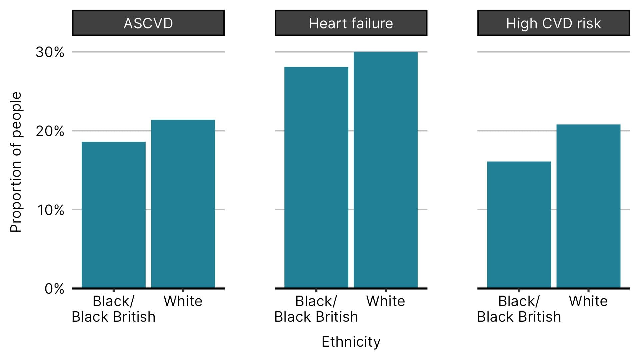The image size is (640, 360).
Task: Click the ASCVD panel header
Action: [148, 23]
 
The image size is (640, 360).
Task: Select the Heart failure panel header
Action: [351, 23]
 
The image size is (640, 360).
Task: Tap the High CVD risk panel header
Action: [553, 23]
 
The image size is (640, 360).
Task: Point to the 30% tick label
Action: [50, 52]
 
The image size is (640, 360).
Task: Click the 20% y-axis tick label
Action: [50, 131]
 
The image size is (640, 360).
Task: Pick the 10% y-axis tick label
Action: [50, 210]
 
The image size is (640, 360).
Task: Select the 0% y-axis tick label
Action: [54, 289]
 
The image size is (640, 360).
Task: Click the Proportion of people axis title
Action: [16, 162]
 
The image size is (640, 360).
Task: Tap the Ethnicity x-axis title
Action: [351, 342]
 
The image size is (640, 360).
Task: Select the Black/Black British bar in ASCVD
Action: [114, 215]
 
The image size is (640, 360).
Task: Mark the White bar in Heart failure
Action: [386, 170]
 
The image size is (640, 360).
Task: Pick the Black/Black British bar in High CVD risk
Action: [519, 225]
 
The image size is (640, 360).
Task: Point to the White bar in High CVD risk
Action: [588, 207]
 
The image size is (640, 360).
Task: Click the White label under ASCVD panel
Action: [183, 301]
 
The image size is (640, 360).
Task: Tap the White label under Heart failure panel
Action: [386, 301]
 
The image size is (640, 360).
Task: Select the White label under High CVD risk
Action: [588, 301]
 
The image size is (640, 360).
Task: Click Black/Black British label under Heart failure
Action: [316, 309]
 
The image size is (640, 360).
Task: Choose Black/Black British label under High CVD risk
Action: [519, 309]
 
